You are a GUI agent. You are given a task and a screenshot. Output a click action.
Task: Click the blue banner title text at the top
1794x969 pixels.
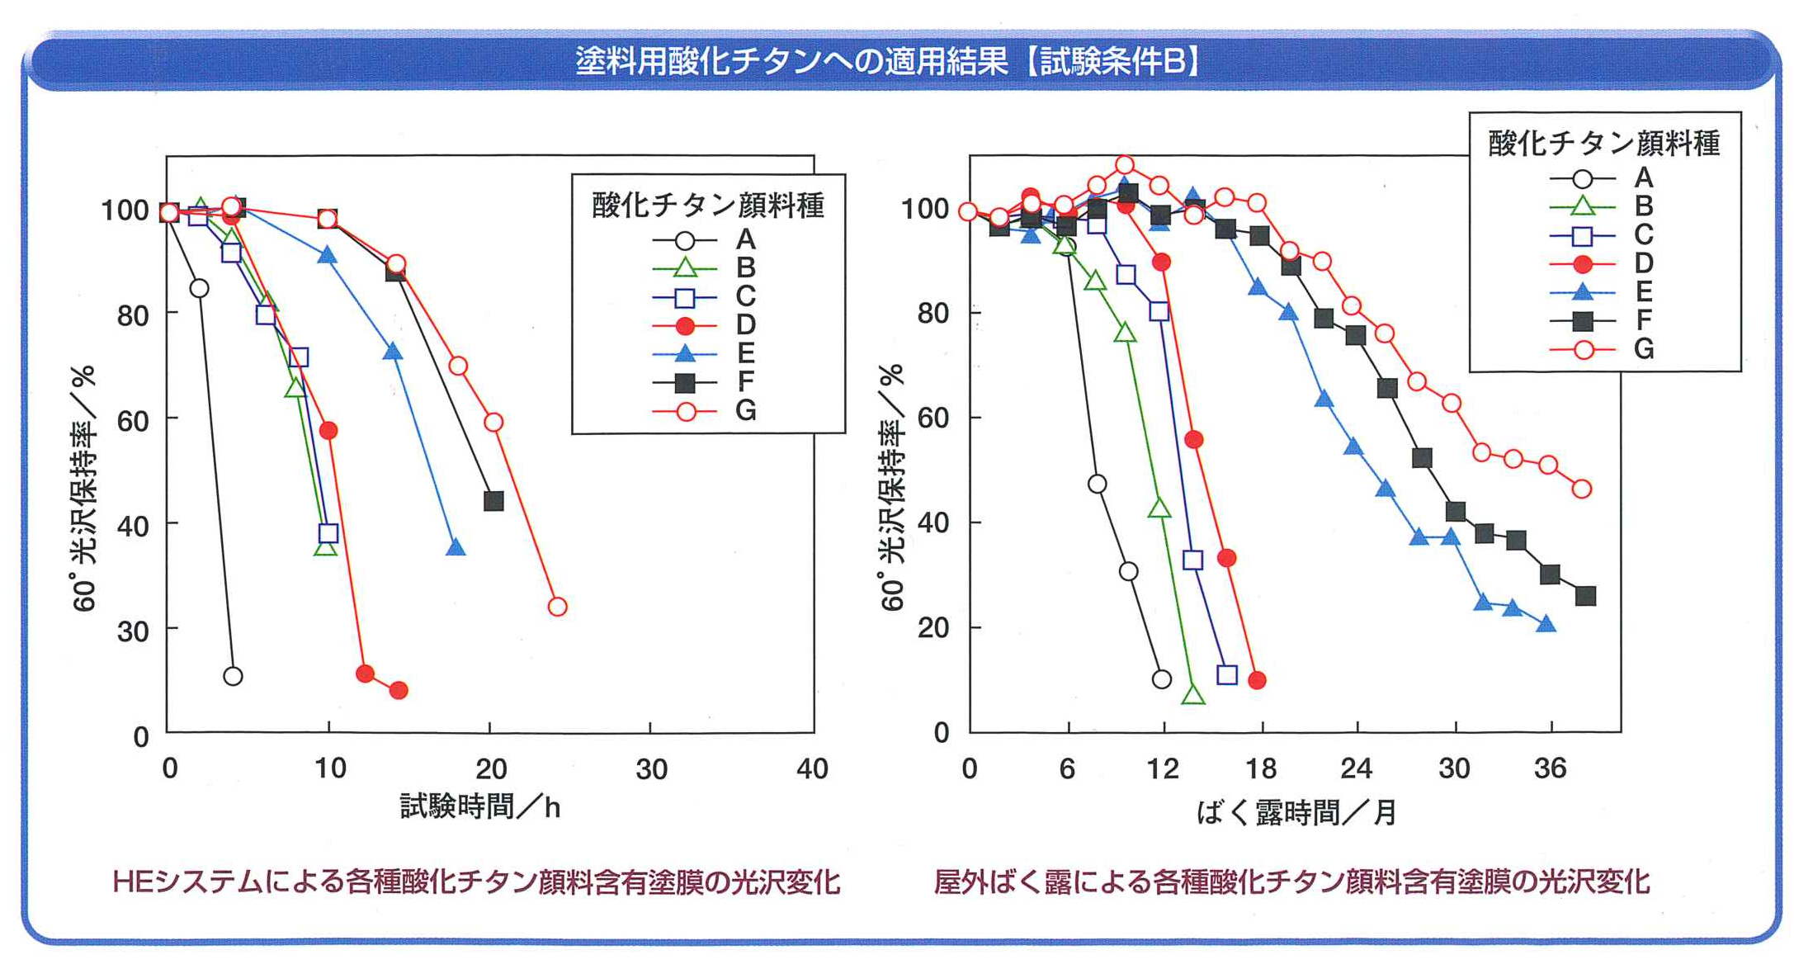(x=888, y=61)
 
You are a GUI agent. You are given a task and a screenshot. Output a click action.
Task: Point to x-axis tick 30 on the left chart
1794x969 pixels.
(x=651, y=769)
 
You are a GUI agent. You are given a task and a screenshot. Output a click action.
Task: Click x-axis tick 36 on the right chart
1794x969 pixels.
(x=1550, y=769)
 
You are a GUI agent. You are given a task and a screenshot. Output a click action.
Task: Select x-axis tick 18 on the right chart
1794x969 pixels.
(x=1261, y=769)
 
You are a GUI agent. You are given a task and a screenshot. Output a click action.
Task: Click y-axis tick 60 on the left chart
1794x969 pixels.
(x=132, y=421)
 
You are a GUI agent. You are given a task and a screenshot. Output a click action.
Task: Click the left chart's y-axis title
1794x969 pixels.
(x=84, y=487)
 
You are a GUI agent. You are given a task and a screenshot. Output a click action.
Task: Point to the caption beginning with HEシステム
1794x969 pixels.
(x=476, y=882)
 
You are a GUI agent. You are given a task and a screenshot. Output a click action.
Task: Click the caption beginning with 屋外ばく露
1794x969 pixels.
(x=1291, y=882)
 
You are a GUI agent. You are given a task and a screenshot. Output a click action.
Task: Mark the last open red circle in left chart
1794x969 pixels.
(x=557, y=607)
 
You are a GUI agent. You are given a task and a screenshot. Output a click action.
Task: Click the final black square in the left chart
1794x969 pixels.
(x=493, y=501)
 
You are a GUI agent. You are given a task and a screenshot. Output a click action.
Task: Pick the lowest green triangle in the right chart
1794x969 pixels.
(x=1192, y=696)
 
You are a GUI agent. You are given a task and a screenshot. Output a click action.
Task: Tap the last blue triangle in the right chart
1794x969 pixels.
(x=1546, y=624)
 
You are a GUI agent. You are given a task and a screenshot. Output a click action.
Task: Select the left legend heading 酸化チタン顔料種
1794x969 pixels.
(x=708, y=206)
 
